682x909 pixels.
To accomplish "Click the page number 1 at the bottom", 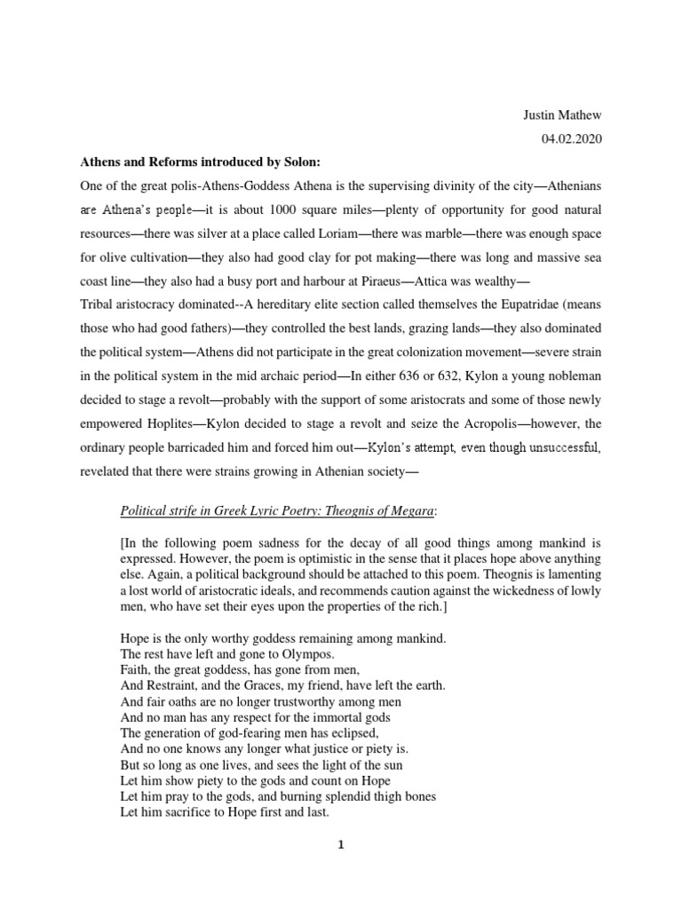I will [340, 845].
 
